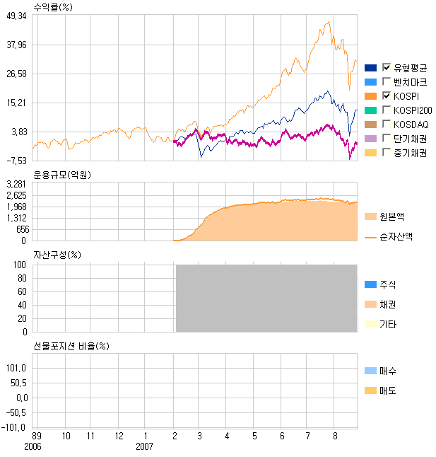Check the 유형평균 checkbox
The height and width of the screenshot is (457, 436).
(387, 68)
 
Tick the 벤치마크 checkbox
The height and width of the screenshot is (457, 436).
(387, 82)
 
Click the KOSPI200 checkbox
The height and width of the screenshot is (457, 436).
(387, 110)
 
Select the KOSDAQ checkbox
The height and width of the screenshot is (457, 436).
(387, 125)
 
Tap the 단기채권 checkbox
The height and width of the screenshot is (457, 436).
(387, 139)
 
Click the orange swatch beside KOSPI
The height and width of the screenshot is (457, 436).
(370, 96)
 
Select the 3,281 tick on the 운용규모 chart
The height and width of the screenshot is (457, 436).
(17, 184)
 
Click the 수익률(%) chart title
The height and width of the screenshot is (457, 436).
(53, 6)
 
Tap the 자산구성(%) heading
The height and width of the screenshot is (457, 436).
(57, 255)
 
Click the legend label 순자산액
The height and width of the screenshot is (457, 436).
(396, 236)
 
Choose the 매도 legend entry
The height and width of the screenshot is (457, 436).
(388, 391)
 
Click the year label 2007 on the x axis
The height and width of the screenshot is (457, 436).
(144, 446)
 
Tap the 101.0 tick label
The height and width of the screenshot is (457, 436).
(17, 368)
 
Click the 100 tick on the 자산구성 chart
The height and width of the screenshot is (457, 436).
(20, 265)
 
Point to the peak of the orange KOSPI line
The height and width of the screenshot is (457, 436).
(328, 22)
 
